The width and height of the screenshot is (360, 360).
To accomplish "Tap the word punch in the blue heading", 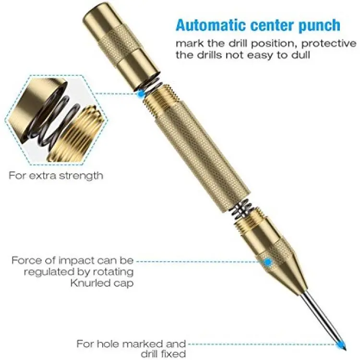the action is tap(319, 26).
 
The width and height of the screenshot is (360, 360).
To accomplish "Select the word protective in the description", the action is tap(329, 44).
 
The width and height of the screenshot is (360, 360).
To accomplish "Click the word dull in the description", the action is tap(301, 55).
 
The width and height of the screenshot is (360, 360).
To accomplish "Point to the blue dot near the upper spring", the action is tap(141, 93).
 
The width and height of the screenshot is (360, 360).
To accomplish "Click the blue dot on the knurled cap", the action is tap(268, 262).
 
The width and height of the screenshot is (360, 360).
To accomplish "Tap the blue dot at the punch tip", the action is tap(341, 344).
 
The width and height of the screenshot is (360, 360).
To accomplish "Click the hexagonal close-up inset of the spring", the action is tap(56, 120).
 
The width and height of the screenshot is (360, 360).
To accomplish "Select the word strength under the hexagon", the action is tap(81, 176).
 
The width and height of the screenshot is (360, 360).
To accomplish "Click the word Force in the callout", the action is tap(27, 261).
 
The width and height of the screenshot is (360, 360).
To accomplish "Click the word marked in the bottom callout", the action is tap(142, 344).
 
